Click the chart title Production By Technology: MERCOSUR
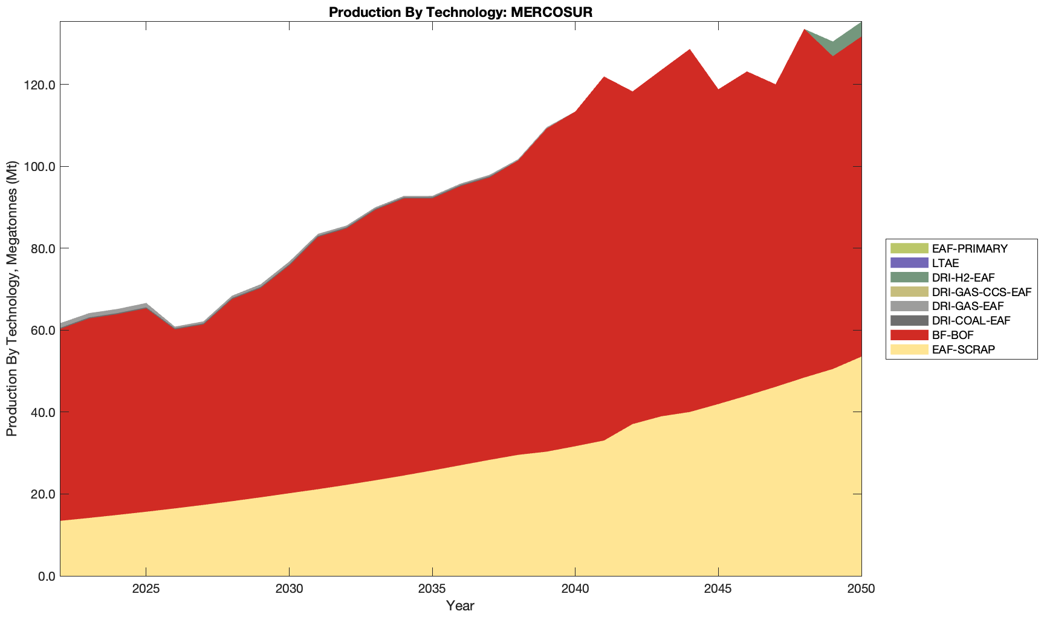pyautogui.click(x=461, y=12)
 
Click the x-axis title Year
pyautogui.click(x=460, y=606)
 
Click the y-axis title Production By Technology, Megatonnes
pyautogui.click(x=12, y=299)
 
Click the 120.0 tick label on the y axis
pyautogui.click(x=39, y=85)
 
